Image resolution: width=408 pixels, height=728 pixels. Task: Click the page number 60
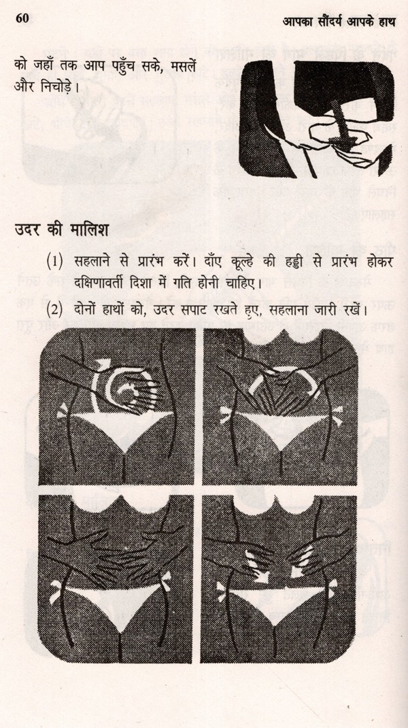(x=22, y=18)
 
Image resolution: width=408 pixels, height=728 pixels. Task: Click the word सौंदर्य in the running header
(x=326, y=21)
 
